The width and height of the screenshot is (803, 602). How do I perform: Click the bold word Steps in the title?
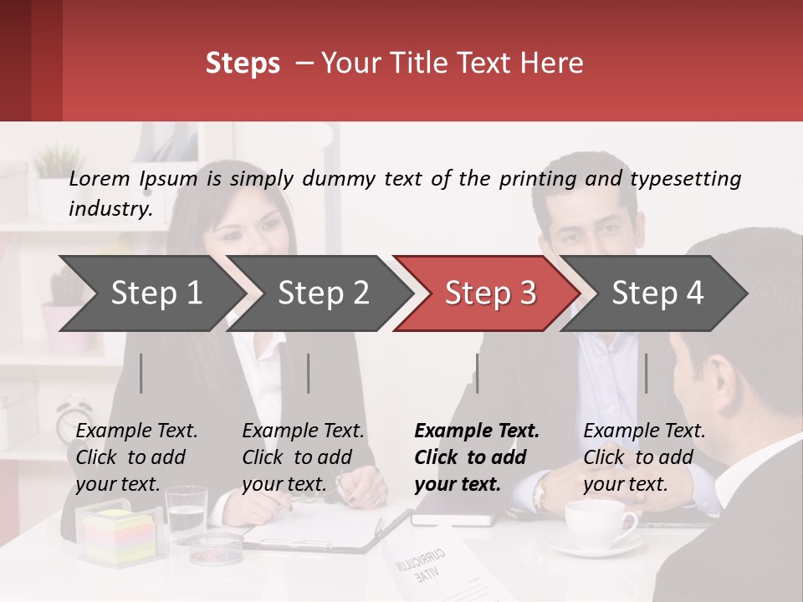[243, 64]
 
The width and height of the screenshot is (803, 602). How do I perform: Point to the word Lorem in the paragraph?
[100, 178]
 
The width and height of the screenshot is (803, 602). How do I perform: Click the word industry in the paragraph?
[109, 209]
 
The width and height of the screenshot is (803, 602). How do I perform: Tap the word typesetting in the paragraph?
[685, 178]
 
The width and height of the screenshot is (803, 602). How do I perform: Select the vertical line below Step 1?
[141, 373]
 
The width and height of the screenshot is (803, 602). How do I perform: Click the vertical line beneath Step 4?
[647, 373]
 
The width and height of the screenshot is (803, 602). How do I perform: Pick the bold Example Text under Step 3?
[477, 431]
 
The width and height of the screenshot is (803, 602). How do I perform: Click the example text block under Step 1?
[136, 457]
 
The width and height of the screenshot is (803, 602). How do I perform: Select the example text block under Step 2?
[303, 457]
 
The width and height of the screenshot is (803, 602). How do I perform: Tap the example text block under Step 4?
[644, 457]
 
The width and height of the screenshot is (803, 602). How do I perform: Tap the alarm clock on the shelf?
[74, 418]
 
